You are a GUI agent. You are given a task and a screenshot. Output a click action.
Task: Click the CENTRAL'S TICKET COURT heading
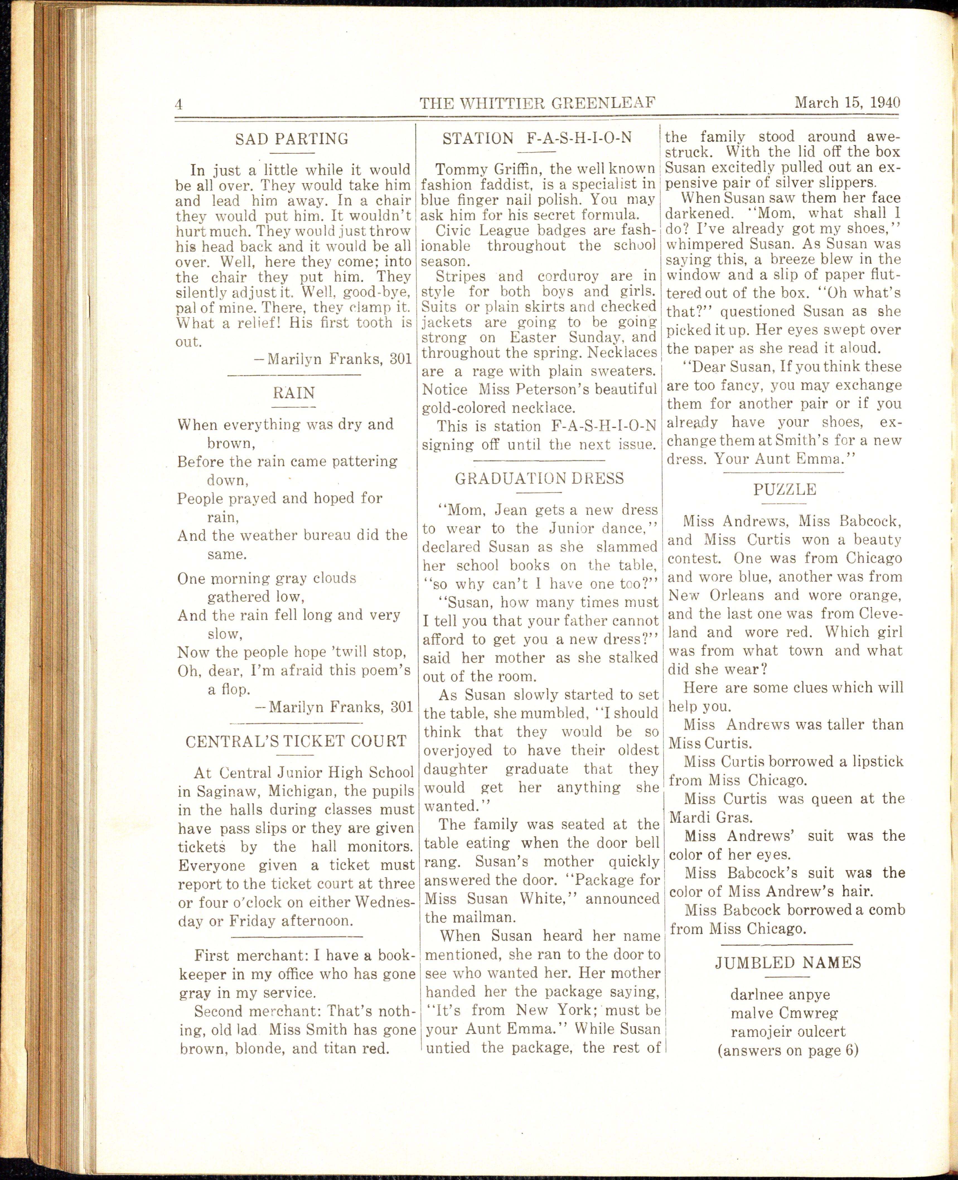(x=296, y=741)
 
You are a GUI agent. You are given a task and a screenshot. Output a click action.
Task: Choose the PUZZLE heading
(x=784, y=489)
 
